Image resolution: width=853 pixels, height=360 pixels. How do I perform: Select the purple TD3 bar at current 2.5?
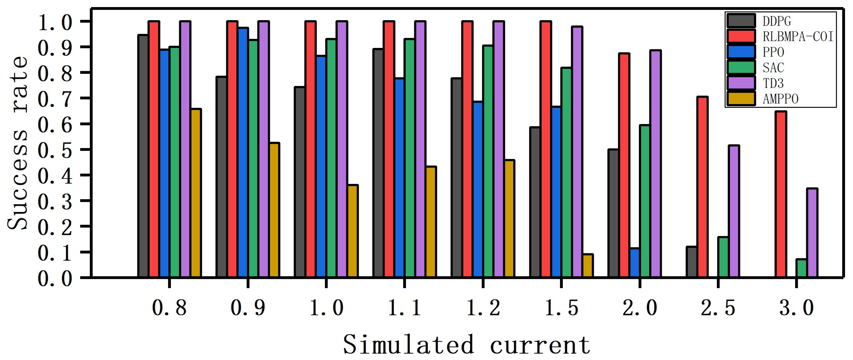coord(734,211)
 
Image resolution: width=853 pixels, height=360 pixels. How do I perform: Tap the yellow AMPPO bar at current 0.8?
coord(196,193)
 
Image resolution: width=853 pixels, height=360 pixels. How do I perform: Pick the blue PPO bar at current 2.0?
coord(634,263)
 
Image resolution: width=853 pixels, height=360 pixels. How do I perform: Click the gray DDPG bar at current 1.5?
coord(535,202)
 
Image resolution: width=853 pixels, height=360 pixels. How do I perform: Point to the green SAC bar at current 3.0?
coord(801,268)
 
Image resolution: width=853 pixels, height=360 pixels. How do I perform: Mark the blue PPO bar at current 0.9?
coord(243,152)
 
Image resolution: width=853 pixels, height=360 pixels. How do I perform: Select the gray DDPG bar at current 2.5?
coord(691,262)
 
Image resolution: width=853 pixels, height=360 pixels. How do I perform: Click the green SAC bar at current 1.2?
coord(488,161)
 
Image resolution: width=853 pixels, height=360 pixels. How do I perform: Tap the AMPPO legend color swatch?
coord(741,99)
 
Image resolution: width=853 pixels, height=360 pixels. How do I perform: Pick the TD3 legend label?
coord(773,83)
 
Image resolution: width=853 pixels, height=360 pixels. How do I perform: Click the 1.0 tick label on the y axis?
coord(55,23)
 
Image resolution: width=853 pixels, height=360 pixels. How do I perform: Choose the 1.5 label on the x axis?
coord(561,308)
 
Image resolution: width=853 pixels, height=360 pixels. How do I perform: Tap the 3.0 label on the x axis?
coord(797,308)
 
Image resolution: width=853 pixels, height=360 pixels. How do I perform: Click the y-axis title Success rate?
coord(18,143)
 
